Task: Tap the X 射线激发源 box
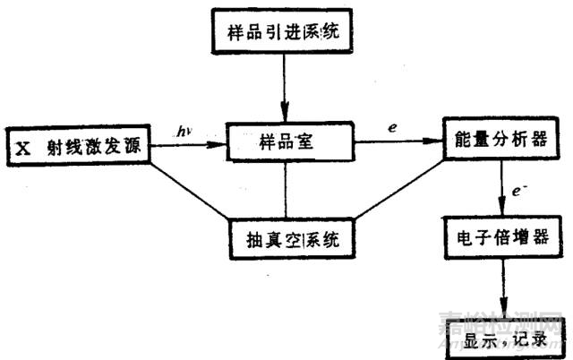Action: tap(77, 143)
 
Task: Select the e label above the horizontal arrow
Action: tap(393, 128)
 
